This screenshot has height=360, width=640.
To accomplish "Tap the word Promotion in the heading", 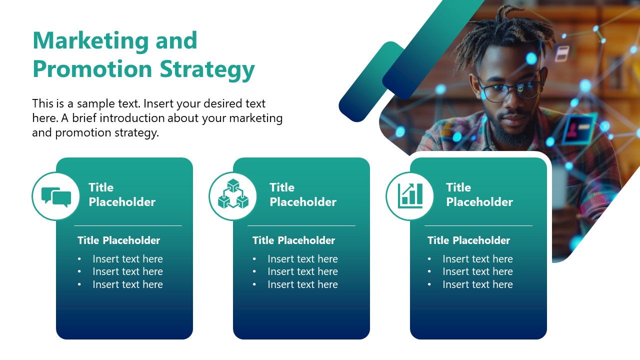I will [92, 69].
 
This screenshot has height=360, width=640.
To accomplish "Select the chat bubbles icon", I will [56, 196].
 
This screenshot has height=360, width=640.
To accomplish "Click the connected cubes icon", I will [233, 195].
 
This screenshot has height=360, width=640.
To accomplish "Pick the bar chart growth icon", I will [410, 195].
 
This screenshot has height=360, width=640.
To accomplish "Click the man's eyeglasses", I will [510, 90].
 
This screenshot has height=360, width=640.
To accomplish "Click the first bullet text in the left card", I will [127, 259].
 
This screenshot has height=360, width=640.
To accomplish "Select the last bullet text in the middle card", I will [302, 284].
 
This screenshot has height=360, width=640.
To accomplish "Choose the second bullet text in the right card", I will [477, 271].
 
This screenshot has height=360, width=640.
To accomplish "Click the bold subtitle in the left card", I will [118, 240].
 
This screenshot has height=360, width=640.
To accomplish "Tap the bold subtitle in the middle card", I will [293, 240].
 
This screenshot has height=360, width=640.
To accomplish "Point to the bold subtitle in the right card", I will [468, 240].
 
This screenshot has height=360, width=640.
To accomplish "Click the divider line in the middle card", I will [301, 226].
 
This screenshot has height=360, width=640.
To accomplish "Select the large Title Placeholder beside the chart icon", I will [479, 194].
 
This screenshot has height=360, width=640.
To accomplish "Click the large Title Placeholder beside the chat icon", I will [122, 194].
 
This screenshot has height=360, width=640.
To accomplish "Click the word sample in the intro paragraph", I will [97, 104].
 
